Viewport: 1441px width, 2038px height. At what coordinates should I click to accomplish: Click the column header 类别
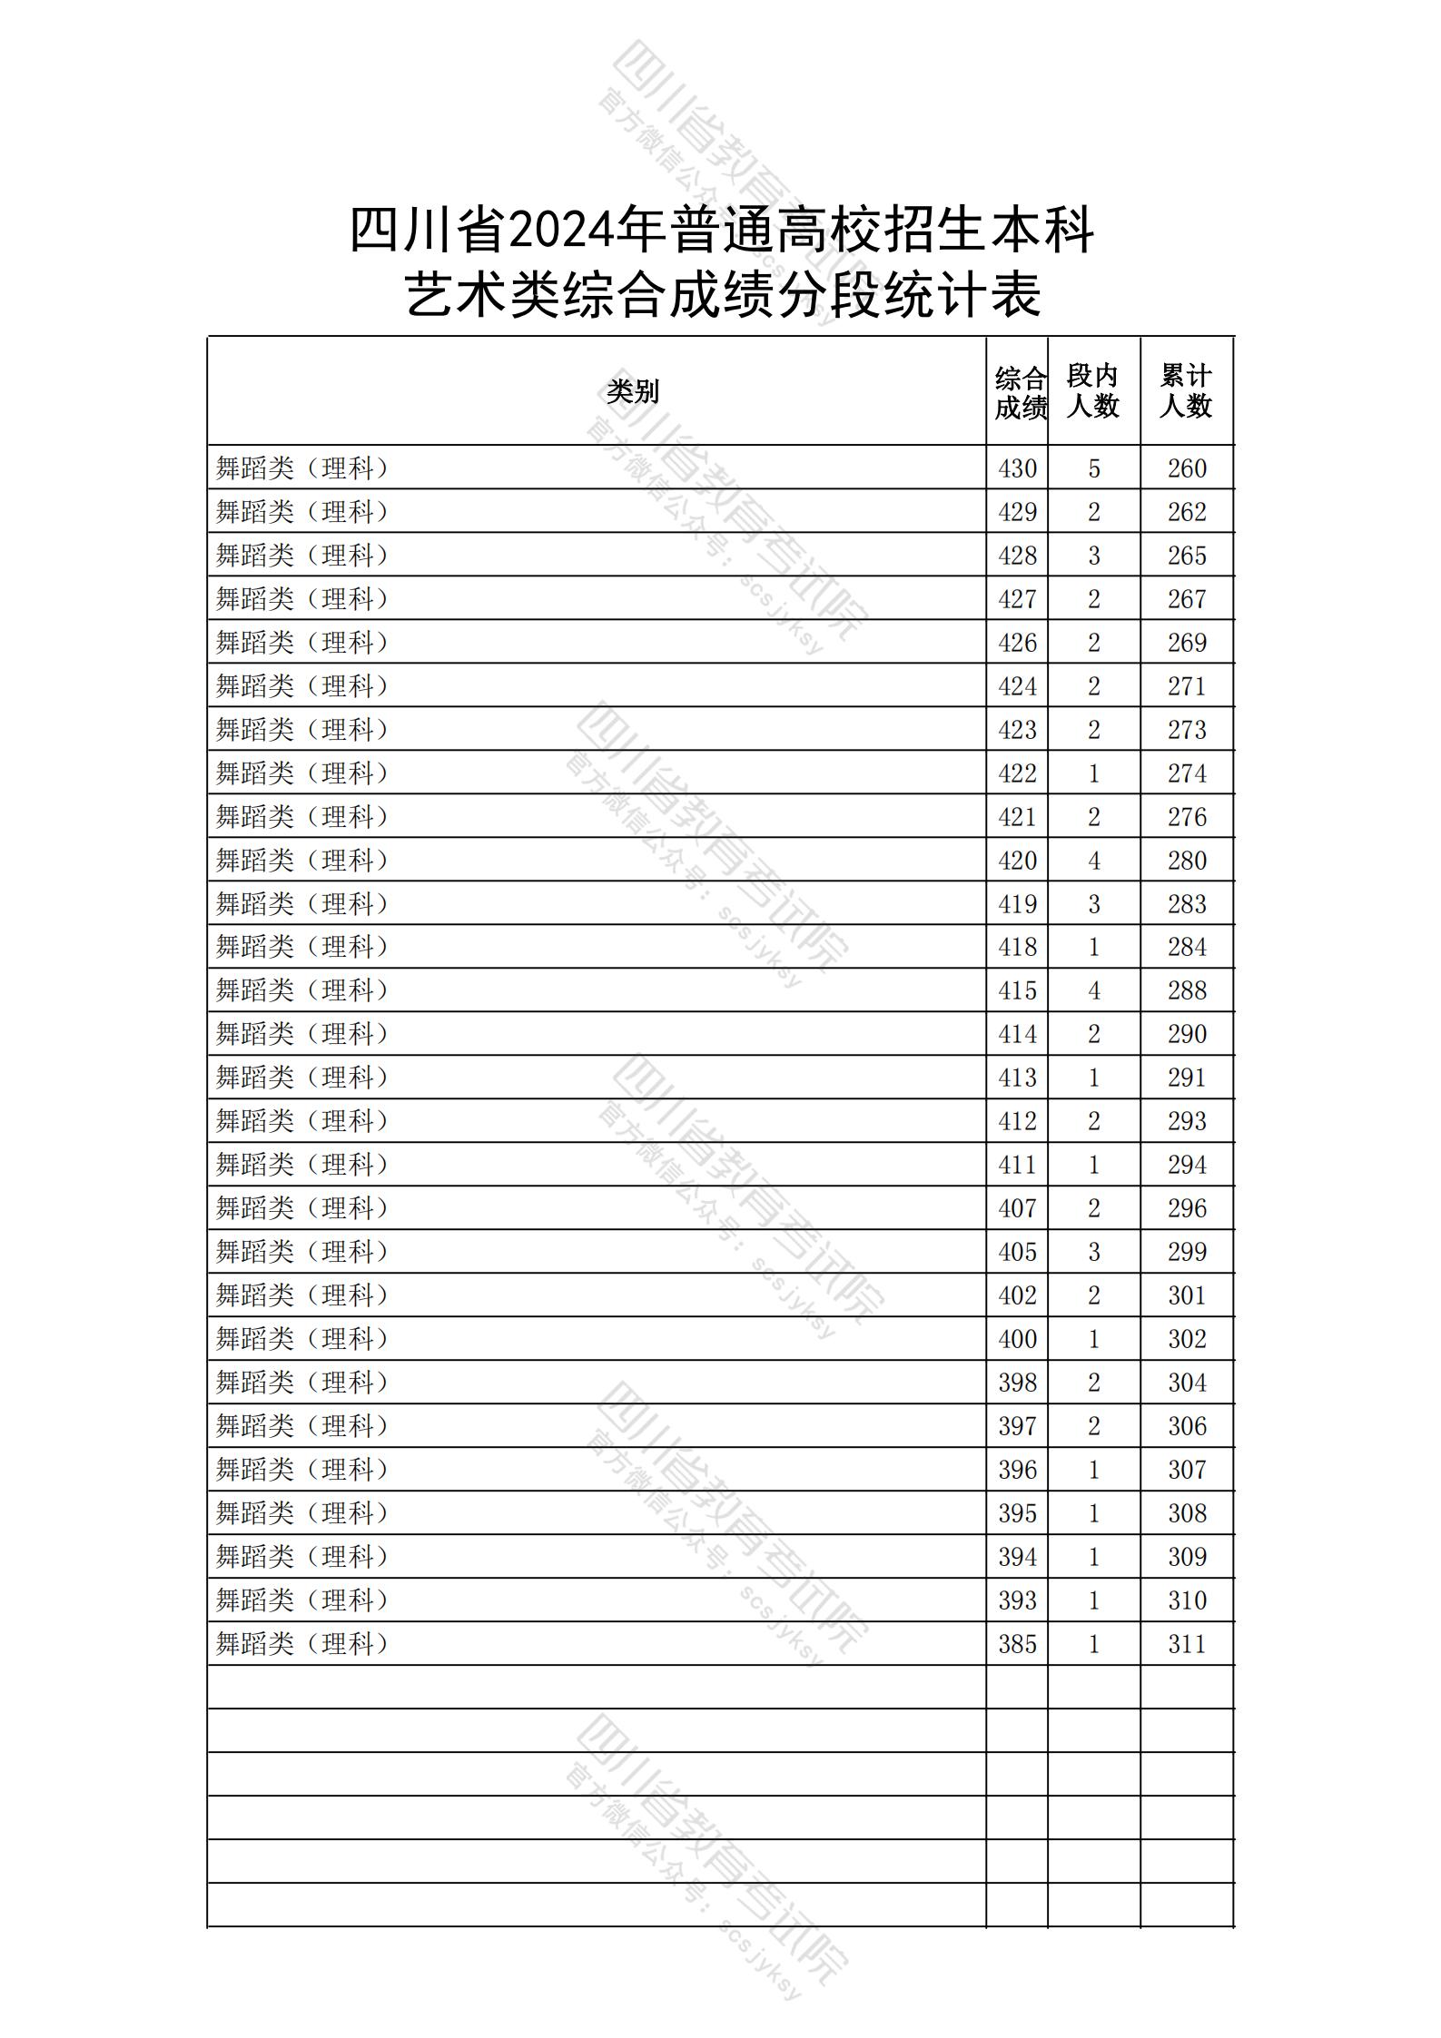click(633, 391)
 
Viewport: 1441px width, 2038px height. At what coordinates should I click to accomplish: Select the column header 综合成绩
click(1019, 392)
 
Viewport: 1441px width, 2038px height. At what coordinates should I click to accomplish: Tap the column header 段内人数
click(1093, 391)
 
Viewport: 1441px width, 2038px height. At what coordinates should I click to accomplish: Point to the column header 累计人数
click(1186, 391)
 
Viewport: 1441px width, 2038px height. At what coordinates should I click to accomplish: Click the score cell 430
click(1017, 468)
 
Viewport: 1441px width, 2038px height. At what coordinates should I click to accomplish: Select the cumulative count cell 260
click(1187, 468)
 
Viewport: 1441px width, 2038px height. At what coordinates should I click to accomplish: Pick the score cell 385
click(1017, 1644)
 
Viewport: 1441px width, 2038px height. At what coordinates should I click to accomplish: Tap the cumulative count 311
click(1187, 1644)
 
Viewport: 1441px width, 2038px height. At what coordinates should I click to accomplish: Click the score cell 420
click(1017, 861)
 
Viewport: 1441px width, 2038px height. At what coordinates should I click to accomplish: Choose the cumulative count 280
click(1187, 861)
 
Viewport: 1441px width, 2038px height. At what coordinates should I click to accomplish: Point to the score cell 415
click(1017, 990)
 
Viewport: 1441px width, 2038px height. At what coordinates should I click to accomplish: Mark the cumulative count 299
click(1187, 1252)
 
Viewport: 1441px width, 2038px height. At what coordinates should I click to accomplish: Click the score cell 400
click(1017, 1339)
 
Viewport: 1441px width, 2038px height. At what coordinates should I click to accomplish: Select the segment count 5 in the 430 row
click(1094, 468)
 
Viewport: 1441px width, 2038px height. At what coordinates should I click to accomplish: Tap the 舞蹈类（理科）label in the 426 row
click(302, 643)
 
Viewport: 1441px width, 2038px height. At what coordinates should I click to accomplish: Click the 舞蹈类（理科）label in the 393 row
click(302, 1600)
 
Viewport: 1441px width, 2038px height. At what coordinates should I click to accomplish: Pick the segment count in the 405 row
click(1094, 1252)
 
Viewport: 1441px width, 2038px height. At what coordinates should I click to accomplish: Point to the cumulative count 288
click(1187, 990)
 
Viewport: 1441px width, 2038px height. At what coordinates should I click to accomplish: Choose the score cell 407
click(1017, 1208)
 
